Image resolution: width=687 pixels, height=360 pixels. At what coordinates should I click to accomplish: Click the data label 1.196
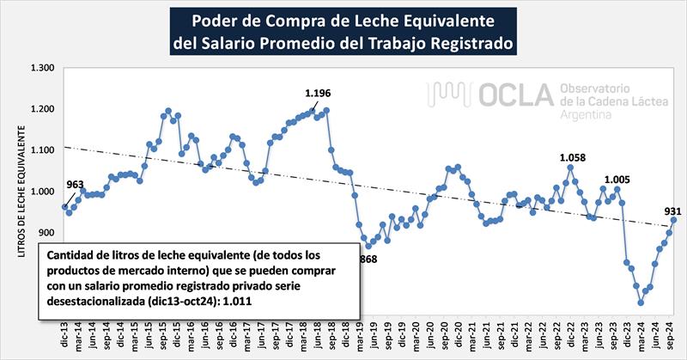pos(318,93)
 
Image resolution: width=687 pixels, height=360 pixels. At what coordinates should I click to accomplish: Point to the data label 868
pos(368,258)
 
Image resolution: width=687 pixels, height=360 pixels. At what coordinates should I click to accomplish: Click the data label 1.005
pos(617,180)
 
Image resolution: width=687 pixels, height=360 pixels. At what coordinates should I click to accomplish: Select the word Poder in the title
pos(214,19)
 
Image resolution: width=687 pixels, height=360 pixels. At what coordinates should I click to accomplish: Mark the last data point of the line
pos(673,219)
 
